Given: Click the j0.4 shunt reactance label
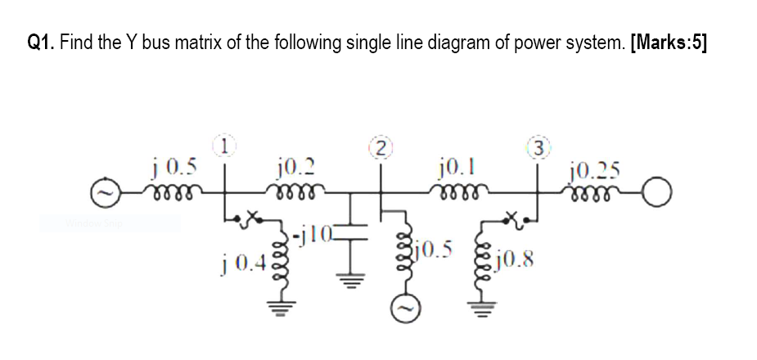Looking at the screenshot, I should [x=241, y=264].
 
